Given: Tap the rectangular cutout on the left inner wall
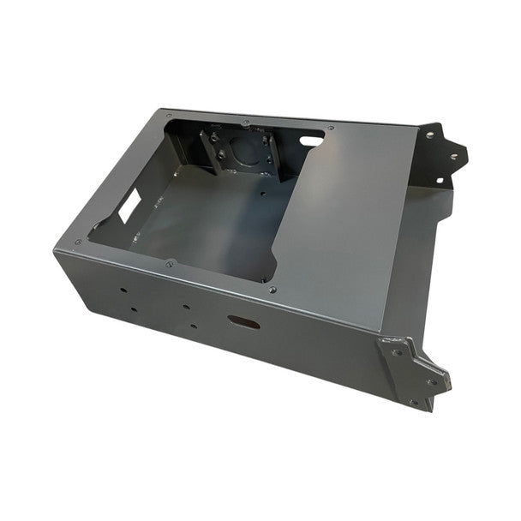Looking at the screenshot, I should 131,204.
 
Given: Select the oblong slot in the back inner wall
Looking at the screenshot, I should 312,137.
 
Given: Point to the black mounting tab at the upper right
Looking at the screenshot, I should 444,154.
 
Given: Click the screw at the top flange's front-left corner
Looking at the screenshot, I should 78,242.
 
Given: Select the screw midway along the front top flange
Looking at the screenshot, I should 170,264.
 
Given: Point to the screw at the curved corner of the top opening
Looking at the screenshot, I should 272,290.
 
